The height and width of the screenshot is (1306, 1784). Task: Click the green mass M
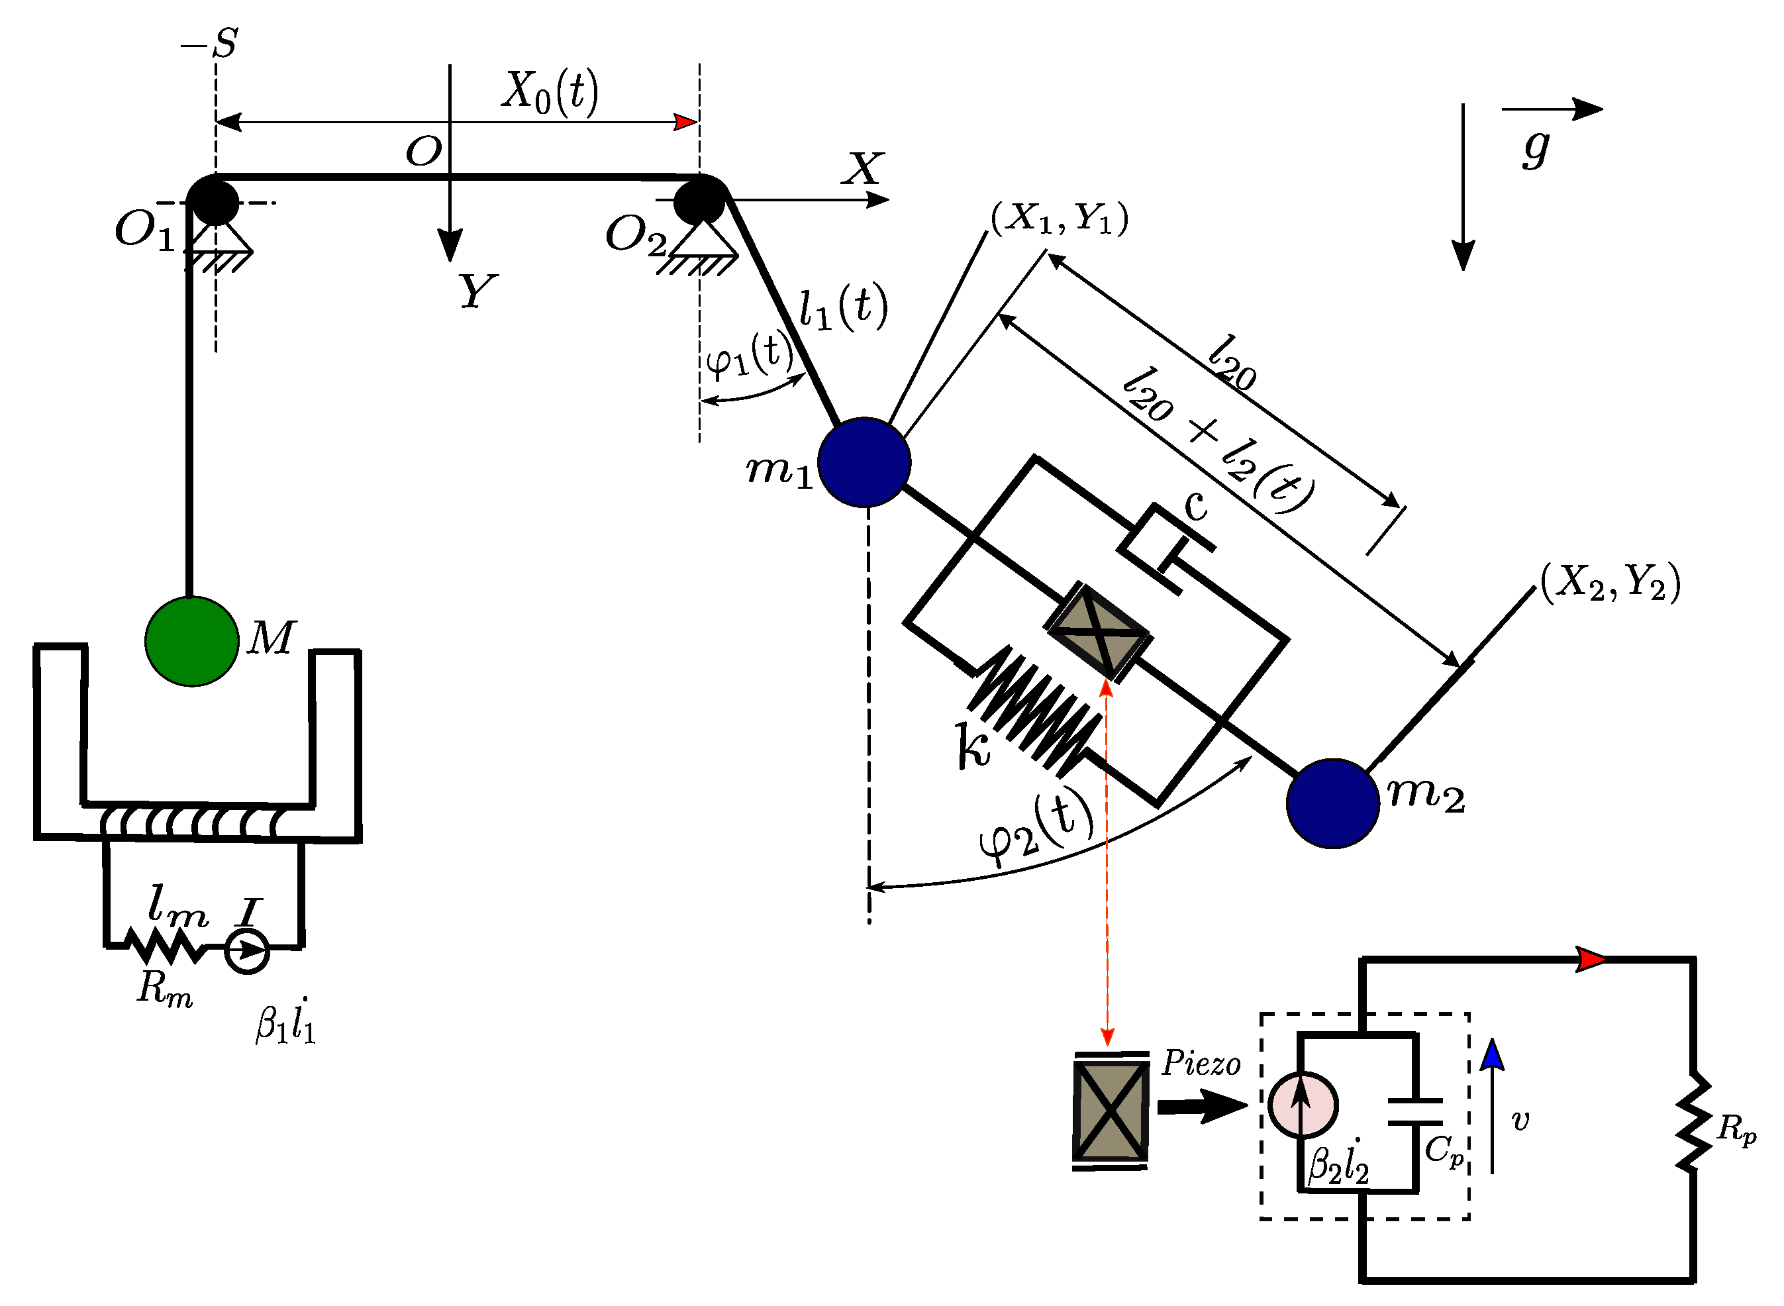tap(191, 641)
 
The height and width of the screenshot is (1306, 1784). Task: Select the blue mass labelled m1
tap(864, 462)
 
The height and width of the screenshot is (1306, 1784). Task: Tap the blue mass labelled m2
tap(1332, 803)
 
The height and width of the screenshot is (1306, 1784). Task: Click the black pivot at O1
tap(213, 201)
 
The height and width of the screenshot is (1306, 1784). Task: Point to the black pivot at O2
tap(699, 200)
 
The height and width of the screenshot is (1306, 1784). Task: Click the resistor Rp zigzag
tap(1693, 1122)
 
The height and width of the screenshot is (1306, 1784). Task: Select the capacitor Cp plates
tap(1415, 1111)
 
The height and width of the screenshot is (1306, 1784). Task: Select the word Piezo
tap(1201, 1064)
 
